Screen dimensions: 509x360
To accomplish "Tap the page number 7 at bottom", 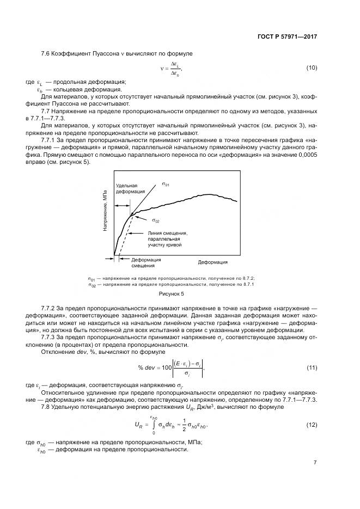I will click(315, 463).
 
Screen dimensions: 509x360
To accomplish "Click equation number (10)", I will click(312, 68).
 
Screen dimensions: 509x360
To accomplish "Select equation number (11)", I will click(312, 368).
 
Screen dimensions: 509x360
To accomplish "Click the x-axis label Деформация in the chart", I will click(212, 262).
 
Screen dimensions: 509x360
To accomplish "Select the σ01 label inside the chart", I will click(166, 185).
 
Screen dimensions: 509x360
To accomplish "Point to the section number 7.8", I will click(46, 407).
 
